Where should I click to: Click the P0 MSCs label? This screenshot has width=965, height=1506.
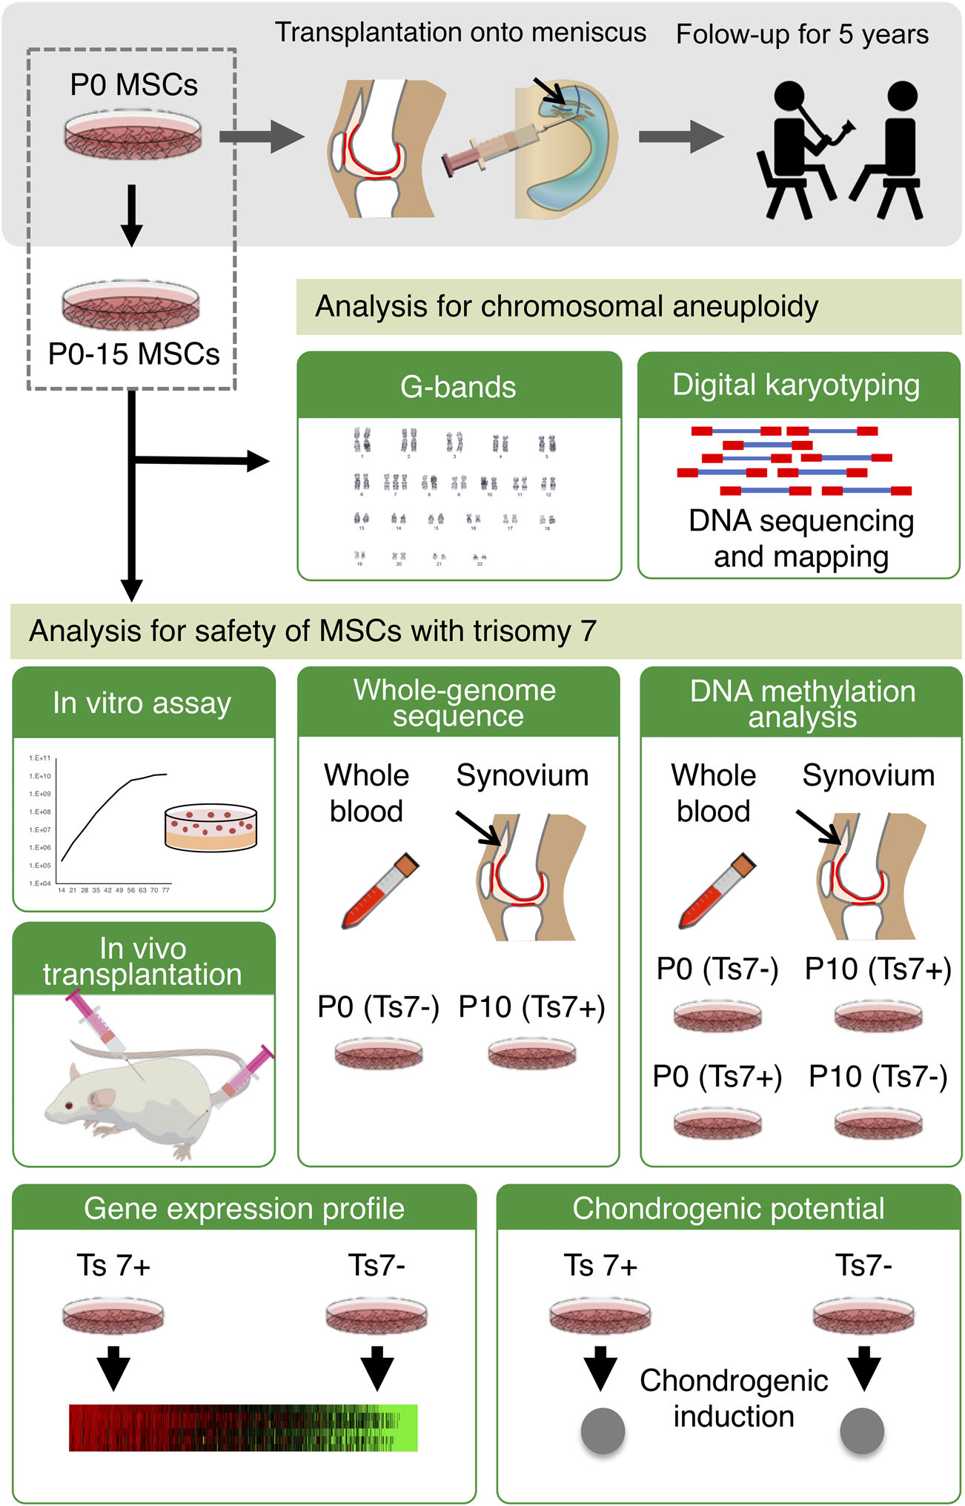(x=133, y=85)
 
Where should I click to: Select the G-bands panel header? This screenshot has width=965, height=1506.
(x=458, y=386)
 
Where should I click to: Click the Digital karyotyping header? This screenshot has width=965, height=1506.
(x=797, y=385)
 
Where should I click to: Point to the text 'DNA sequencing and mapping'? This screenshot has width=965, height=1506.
(x=800, y=538)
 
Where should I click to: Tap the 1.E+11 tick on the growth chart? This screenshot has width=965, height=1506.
(x=40, y=758)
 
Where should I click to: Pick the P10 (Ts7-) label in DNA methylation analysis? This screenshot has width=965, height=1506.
(x=878, y=1076)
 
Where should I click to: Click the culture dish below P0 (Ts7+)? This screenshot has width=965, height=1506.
(x=717, y=1123)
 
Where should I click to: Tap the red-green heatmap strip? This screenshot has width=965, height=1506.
(x=243, y=1427)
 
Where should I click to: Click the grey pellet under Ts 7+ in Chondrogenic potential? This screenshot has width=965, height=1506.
(x=603, y=1430)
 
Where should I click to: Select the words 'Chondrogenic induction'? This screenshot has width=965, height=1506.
(x=734, y=1398)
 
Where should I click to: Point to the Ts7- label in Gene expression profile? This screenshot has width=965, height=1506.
(x=377, y=1265)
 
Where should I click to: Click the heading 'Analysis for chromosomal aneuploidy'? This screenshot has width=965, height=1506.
(x=567, y=306)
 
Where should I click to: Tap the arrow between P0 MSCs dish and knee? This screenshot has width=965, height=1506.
(x=262, y=137)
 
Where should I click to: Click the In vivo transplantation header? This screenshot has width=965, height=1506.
(x=143, y=961)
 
